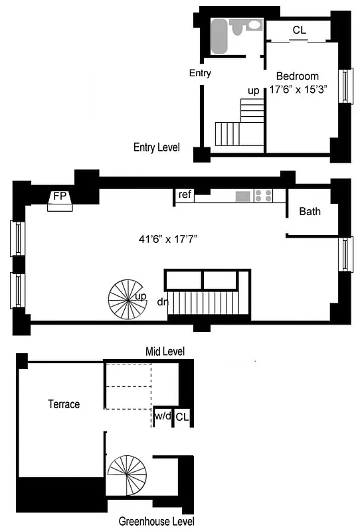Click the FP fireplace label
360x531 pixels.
60,196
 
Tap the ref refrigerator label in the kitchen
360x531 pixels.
185,194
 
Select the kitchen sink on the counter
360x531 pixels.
243,196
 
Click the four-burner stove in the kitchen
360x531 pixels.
263,196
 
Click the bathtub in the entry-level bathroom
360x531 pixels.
219,36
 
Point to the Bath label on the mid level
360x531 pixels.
310,212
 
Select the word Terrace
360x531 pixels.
64,404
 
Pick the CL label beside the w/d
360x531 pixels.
183,417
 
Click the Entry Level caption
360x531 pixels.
156,147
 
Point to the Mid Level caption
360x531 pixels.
165,351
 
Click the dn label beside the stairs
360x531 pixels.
162,302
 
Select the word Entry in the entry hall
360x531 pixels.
200,73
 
